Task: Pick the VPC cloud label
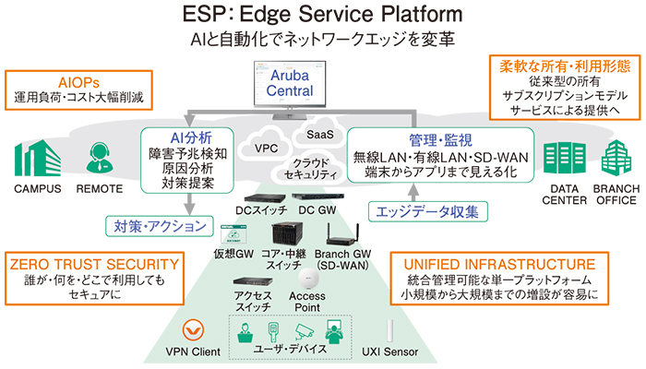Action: click(267, 148)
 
